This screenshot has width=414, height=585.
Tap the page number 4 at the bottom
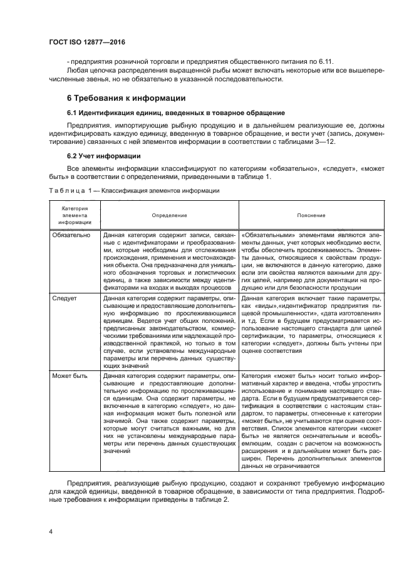click(50, 532)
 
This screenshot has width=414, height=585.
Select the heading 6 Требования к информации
click(125, 98)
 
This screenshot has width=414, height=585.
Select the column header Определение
click(169, 215)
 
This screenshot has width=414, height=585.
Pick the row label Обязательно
click(73, 235)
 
